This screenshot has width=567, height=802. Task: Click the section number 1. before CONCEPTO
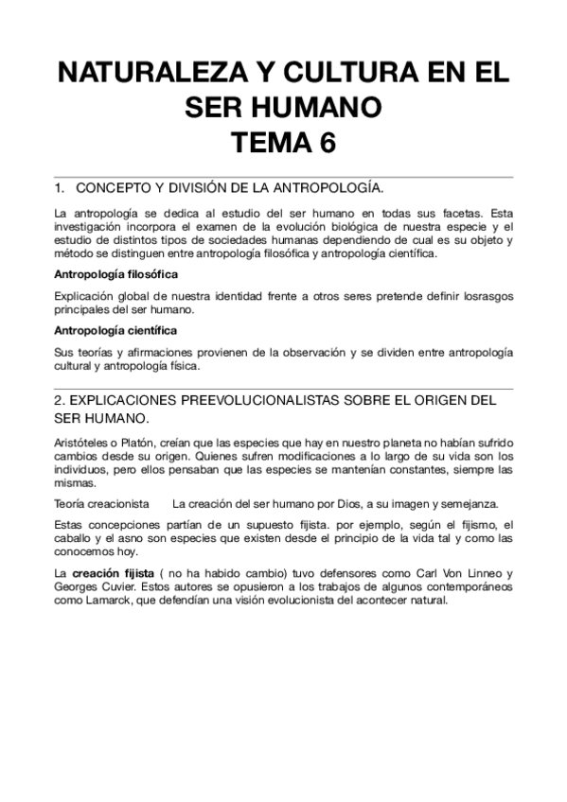tap(61, 188)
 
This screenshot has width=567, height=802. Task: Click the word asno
tap(126, 538)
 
